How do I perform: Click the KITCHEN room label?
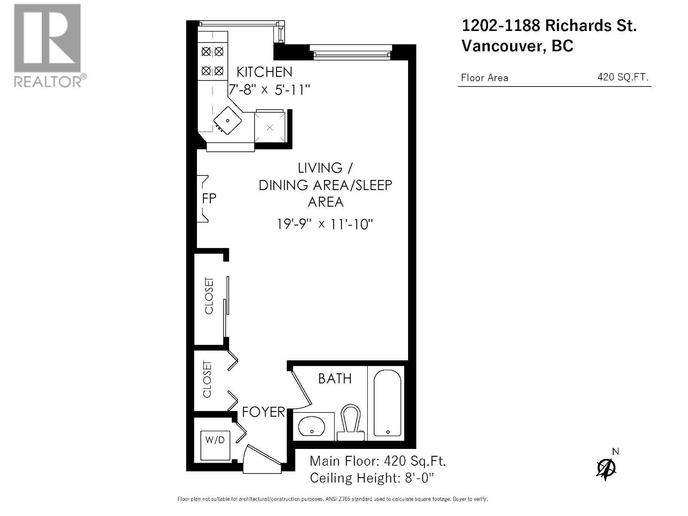(264, 72)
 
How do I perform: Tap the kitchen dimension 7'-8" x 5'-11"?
(269, 90)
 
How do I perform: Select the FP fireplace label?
(209, 199)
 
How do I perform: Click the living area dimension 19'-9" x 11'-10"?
(325, 224)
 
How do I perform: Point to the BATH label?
(335, 379)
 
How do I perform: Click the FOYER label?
(263, 412)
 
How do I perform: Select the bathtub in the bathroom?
(387, 403)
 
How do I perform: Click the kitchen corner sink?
(228, 121)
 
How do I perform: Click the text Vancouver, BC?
(517, 46)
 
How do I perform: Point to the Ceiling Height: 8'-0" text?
(372, 478)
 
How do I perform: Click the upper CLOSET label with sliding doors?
(209, 296)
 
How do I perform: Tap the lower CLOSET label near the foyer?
(207, 379)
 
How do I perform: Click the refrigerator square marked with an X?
(270, 127)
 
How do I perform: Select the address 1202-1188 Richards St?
(549, 26)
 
